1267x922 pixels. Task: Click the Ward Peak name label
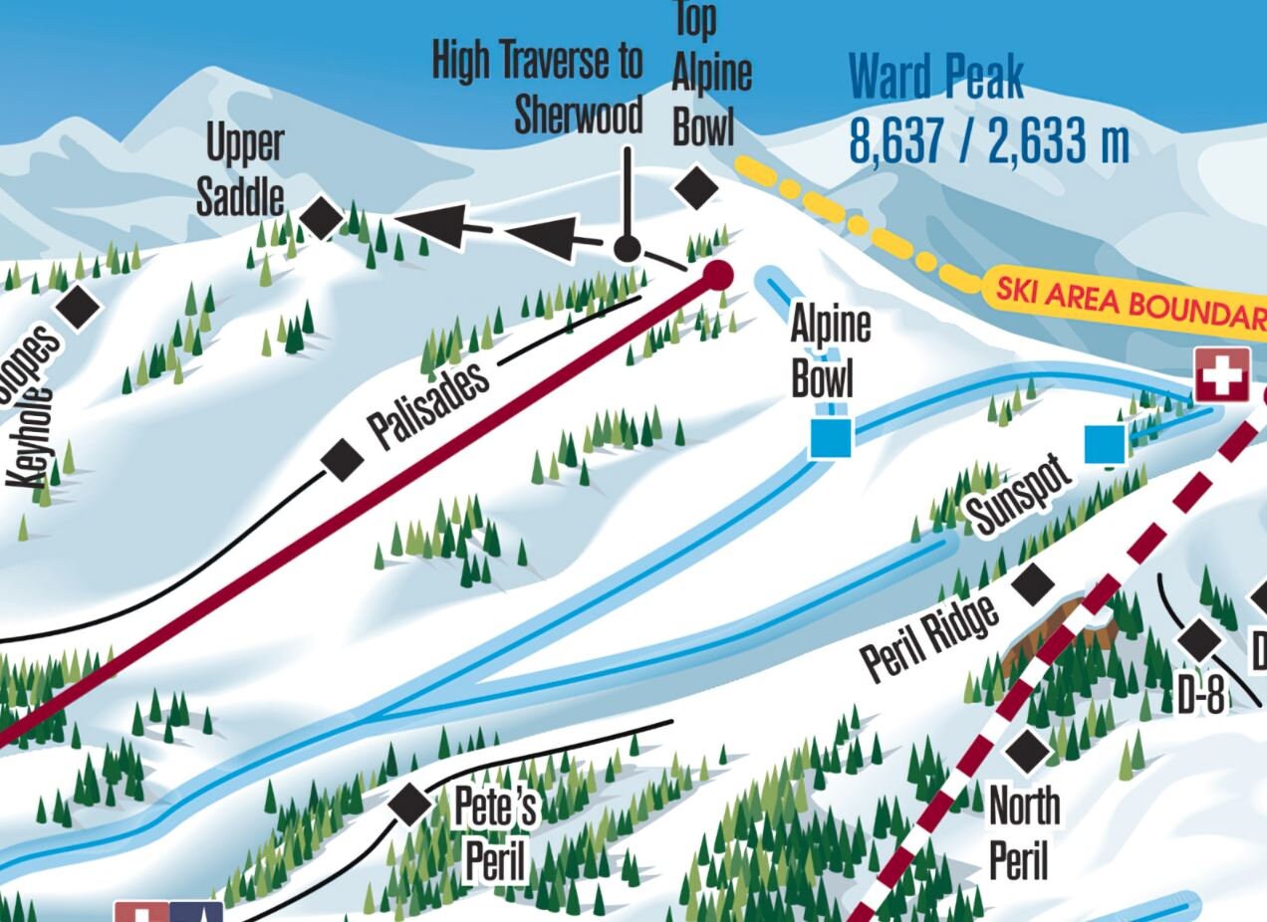click(935, 79)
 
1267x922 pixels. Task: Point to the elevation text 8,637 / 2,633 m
click(988, 141)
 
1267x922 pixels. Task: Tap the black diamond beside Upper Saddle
click(322, 218)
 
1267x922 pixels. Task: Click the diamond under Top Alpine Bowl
click(696, 187)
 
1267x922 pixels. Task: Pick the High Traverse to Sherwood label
click(538, 88)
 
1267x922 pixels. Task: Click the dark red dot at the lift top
click(717, 275)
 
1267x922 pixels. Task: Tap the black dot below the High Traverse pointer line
click(627, 248)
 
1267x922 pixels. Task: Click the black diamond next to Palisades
click(343, 460)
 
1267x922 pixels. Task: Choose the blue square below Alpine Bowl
click(831, 438)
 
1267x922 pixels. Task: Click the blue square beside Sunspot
click(1105, 444)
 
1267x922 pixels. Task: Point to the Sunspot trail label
click(1021, 495)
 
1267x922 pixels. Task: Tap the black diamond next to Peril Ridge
click(1033, 584)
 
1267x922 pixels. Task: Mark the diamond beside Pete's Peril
click(409, 804)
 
